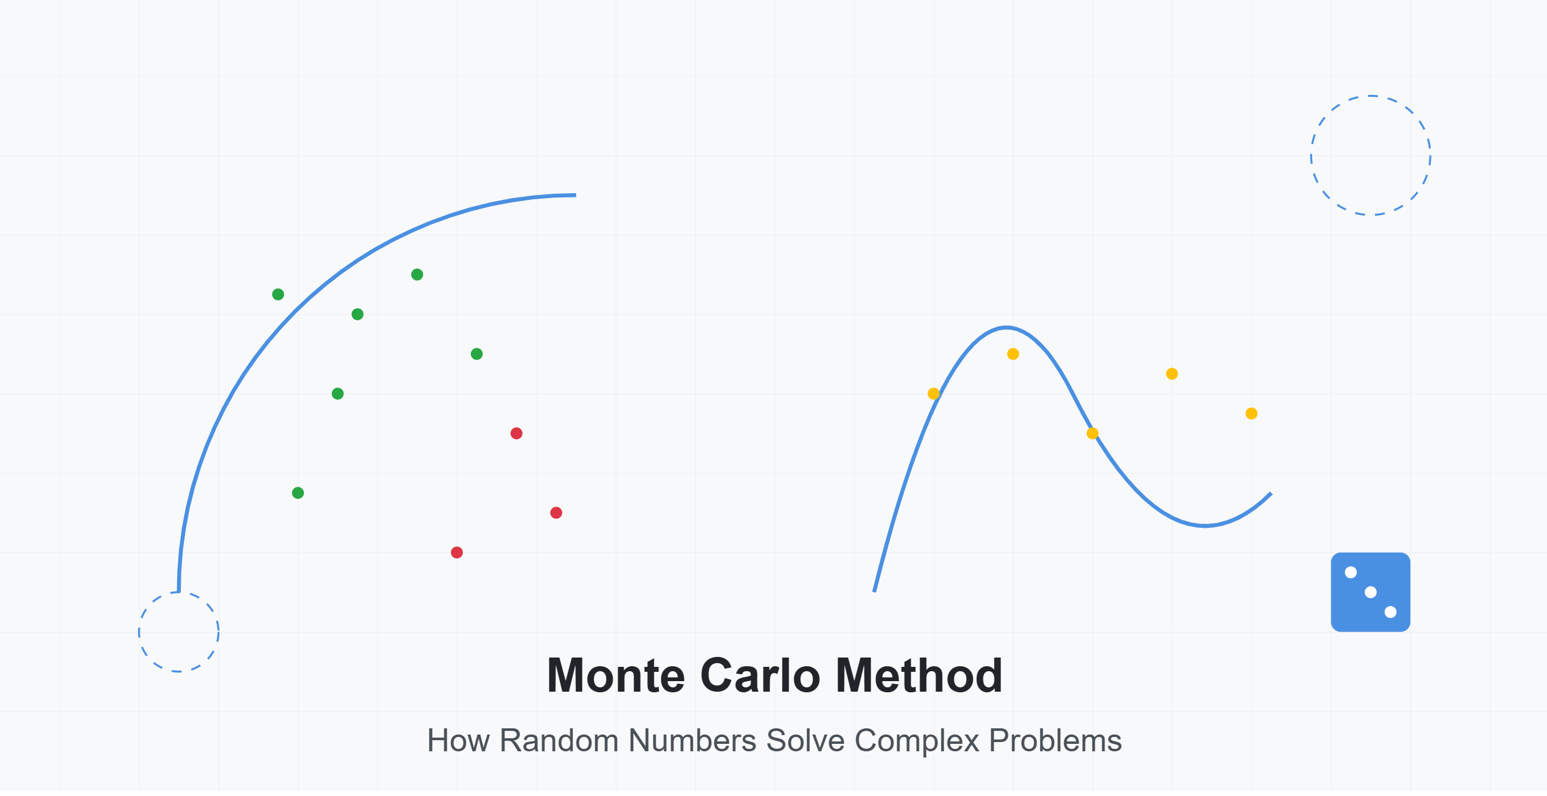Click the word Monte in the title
[x=616, y=676]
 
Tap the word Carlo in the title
[x=760, y=676]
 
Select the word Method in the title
[x=919, y=676]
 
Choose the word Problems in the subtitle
[x=1056, y=741]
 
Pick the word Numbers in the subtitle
[x=692, y=741]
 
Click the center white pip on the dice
[x=1371, y=592]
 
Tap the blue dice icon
[x=1371, y=592]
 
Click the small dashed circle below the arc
[x=139, y=632]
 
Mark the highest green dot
[x=417, y=274]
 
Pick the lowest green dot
[x=298, y=493]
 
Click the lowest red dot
[x=457, y=553]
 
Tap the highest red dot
[x=516, y=433]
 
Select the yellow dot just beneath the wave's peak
[x=1013, y=354]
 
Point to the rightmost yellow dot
[x=1251, y=414]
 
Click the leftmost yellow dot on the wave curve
[x=933, y=394]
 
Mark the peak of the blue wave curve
[x=1006, y=327]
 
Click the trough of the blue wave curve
[x=1205, y=526]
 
